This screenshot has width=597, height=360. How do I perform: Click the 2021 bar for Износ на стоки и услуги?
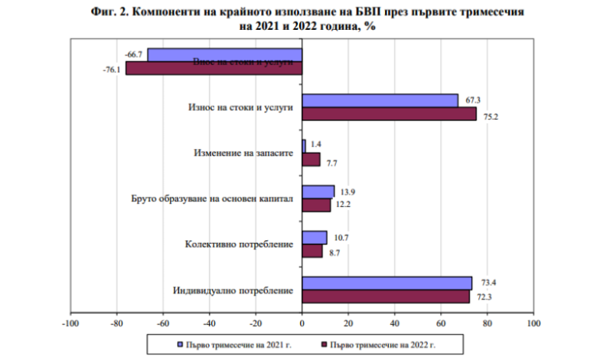[380, 100]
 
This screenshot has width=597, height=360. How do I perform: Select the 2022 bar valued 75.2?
[389, 114]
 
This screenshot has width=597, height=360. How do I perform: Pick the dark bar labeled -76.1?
[214, 68]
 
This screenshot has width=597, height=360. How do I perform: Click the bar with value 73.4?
[387, 283]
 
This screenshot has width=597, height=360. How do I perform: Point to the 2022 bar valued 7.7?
[311, 159]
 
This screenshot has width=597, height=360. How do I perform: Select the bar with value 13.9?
[318, 191]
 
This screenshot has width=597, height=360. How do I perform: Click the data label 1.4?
[316, 143]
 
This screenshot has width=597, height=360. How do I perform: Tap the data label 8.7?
[333, 250]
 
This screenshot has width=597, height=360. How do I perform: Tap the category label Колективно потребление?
[240, 244]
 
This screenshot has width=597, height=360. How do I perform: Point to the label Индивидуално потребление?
[233, 290]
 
